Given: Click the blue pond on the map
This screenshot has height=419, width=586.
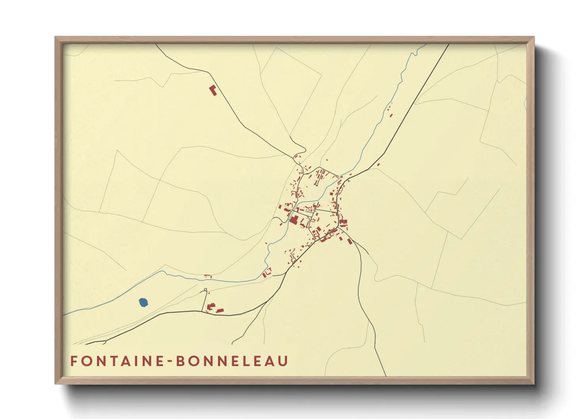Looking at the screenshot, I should (143, 303).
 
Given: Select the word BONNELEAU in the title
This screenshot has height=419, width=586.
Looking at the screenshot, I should (232, 361).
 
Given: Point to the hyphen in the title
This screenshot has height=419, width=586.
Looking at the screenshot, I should (169, 362).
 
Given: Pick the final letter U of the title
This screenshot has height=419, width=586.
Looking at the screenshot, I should (283, 361).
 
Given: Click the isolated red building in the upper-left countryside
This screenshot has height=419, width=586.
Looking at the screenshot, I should (213, 90).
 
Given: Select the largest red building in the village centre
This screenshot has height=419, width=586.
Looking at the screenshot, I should (293, 220).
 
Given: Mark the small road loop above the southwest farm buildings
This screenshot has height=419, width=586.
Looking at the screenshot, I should (205, 290).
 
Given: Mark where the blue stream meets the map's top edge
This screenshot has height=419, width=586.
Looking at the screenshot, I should (425, 45).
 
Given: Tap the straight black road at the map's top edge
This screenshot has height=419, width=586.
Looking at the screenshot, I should (448, 46).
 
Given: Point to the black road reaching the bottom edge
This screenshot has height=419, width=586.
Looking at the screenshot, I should (385, 375).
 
